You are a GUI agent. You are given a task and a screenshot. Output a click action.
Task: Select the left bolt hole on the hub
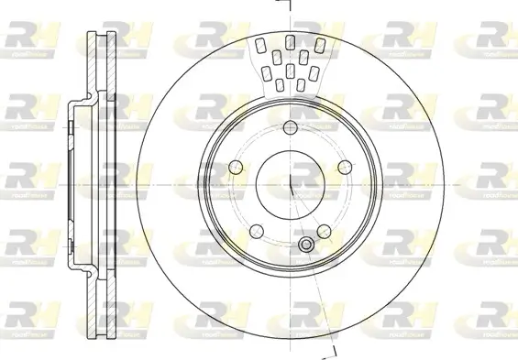pos(235,167)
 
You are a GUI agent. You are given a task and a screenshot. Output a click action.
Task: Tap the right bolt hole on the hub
pos(344,167)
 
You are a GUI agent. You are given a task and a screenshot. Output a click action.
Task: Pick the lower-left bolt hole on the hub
pos(256,229)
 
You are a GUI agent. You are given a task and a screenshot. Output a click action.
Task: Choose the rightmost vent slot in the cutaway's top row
pos(317,44)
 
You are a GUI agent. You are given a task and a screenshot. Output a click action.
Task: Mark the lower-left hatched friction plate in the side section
pos(92,293)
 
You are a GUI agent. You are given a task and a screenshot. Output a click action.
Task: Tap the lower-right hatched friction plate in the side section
pos(109,293)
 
